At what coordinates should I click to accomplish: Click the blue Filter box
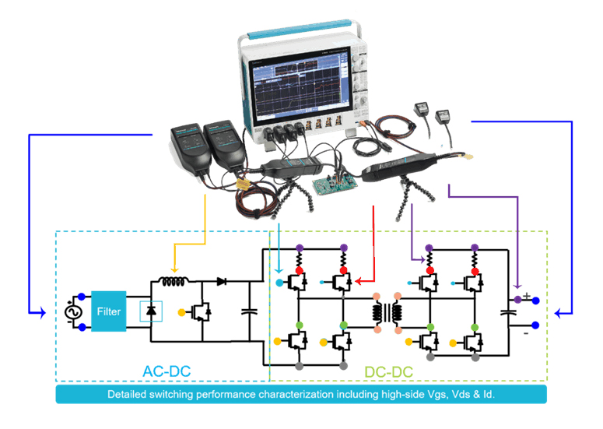click(109, 311)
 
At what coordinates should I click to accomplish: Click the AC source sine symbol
click(75, 311)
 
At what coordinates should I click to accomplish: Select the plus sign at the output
click(526, 295)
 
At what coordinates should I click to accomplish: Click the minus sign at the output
click(526, 331)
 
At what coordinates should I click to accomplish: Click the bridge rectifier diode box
click(150, 311)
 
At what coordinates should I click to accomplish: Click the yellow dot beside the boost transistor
click(182, 312)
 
